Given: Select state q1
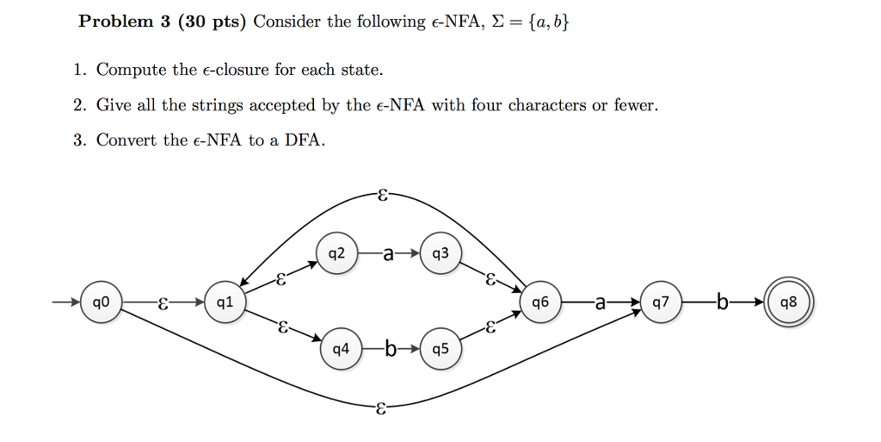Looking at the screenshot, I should click(225, 302).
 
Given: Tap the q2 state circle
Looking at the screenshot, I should click(337, 253).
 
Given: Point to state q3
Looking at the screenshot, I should click(440, 253).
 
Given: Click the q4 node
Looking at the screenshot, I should click(342, 350).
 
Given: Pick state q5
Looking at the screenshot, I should click(440, 350).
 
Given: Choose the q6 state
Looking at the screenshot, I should click(540, 302).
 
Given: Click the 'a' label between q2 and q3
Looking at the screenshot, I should click(389, 254).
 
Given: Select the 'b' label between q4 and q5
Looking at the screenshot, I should click(391, 350).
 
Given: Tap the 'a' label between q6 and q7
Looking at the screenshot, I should click(600, 302).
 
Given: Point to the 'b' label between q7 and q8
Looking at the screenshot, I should click(722, 302).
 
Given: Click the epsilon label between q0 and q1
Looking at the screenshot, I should click(163, 302).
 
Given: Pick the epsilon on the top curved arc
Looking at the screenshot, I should click(381, 194).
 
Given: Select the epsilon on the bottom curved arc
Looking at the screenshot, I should click(381, 410).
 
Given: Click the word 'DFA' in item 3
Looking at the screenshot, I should click(306, 140).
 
